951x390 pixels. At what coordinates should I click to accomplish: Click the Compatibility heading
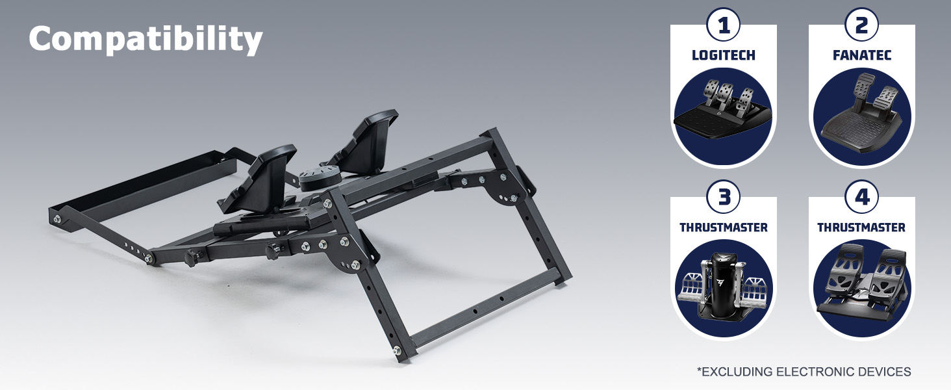click(x=146, y=40)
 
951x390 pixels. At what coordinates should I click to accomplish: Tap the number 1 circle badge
click(x=724, y=25)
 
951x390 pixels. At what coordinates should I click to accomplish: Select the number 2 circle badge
click(x=861, y=25)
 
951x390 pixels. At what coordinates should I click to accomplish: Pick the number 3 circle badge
click(x=724, y=197)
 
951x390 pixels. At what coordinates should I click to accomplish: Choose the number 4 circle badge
click(x=861, y=197)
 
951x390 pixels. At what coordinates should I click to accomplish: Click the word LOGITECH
click(x=724, y=55)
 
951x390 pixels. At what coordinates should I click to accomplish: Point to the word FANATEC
click(x=862, y=55)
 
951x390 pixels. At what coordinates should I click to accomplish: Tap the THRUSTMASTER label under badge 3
click(x=724, y=227)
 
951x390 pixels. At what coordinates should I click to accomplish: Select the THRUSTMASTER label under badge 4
click(x=861, y=227)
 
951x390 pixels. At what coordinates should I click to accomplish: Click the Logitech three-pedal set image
click(x=723, y=109)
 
